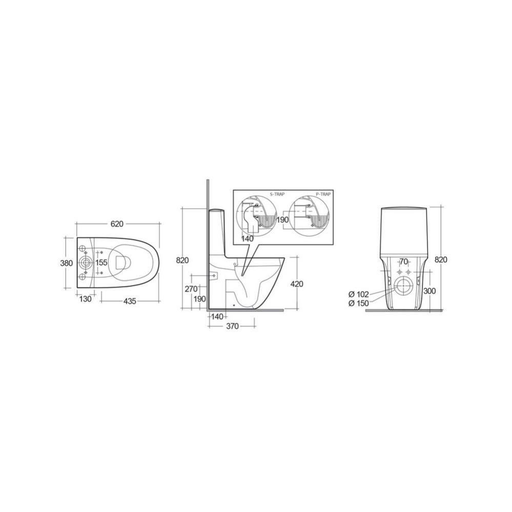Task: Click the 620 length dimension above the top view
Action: tap(117, 223)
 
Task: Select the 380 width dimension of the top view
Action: tap(67, 262)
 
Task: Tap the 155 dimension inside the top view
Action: tap(101, 262)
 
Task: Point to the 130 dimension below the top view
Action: tap(85, 298)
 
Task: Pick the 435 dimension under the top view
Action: tap(130, 301)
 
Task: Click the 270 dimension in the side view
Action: tap(191, 289)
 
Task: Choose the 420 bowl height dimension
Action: tap(297, 284)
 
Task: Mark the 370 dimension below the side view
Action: tap(233, 326)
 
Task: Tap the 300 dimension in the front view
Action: tap(429, 291)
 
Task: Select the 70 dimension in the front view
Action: tap(404, 261)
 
